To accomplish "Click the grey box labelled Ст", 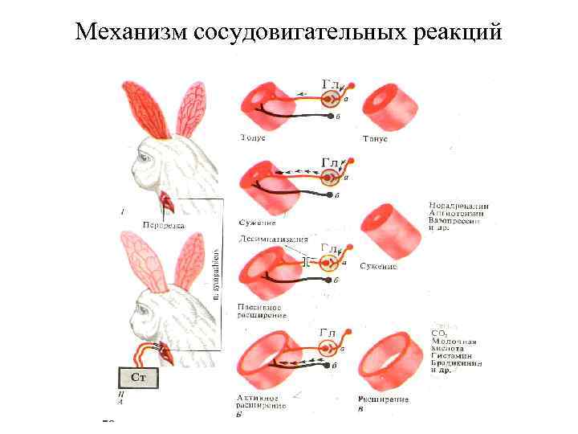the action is coord(138,378).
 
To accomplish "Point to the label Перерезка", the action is coord(163,225).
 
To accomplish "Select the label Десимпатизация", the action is coord(273,240).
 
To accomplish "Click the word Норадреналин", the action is coord(459,206).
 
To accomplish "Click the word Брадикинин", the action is coord(456,363).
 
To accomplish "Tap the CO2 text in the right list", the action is coord(439,332).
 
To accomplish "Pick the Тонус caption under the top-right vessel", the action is coord(375,139).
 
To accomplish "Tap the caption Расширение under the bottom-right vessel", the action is coord(383,399).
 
